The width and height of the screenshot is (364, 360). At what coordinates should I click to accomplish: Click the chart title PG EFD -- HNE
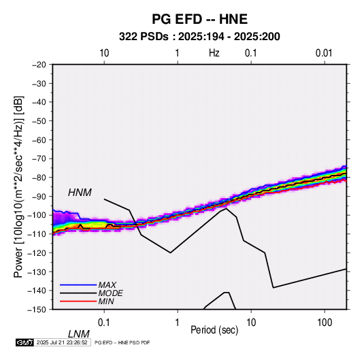point(199,19)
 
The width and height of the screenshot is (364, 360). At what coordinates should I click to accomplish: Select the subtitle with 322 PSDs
point(199,37)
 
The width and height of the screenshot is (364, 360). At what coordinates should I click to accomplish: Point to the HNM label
point(80,193)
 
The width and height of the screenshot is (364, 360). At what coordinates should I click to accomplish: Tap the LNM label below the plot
point(79,334)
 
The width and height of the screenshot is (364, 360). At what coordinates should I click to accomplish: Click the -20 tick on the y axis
point(39,65)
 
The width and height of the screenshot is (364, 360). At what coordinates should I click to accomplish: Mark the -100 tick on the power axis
point(37,215)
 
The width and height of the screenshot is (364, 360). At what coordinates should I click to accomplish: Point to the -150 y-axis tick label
point(37,310)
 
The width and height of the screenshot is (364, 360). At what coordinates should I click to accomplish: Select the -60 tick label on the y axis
point(39,140)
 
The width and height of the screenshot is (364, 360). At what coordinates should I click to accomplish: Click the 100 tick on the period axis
point(325,323)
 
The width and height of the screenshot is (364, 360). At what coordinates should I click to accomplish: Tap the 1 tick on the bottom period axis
point(178,323)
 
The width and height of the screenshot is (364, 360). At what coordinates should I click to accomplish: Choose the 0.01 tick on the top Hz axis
point(324,53)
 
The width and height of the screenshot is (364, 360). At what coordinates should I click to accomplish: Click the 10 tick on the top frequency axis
point(104,53)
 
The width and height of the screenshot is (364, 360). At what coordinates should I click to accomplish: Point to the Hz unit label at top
point(214,53)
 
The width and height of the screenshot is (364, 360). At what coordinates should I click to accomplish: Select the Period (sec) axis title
point(214,330)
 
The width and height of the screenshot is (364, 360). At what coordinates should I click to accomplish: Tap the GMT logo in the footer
point(25,342)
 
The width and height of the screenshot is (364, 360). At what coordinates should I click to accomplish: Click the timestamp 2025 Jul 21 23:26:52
point(62,342)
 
